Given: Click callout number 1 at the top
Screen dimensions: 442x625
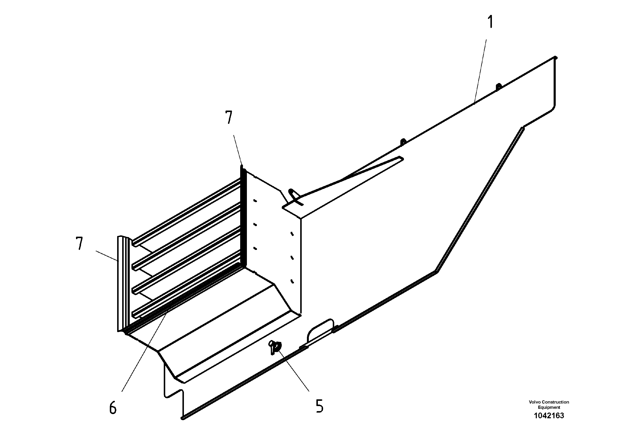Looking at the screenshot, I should (x=490, y=22).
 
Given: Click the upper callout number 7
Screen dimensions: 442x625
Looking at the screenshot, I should (x=229, y=118).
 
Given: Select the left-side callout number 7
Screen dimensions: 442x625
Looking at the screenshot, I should (x=79, y=243).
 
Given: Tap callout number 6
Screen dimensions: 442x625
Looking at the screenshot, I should (x=113, y=408).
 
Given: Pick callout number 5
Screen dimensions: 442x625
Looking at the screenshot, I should (x=319, y=406).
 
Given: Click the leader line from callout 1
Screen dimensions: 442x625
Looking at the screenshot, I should (x=481, y=71).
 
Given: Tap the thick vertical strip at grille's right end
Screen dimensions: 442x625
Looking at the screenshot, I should (x=243, y=218).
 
